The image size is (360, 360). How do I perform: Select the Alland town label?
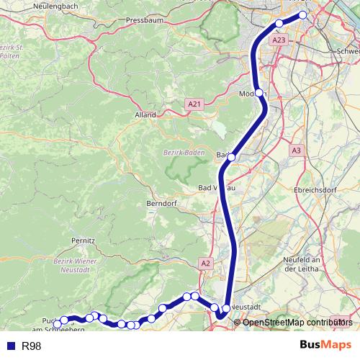point(145,114)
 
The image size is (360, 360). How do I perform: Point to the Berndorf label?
point(161,204)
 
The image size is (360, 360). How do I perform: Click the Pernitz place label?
point(84,238)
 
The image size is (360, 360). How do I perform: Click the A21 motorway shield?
point(194,104)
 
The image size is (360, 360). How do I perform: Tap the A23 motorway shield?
point(280,40)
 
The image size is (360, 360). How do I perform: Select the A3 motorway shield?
point(296,150)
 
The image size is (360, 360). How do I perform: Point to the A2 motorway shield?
point(207,264)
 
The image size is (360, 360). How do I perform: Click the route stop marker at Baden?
point(231,156)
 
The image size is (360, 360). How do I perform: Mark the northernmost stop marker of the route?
point(302,14)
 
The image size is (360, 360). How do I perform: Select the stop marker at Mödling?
point(260,93)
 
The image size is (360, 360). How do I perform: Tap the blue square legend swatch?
point(12,346)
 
